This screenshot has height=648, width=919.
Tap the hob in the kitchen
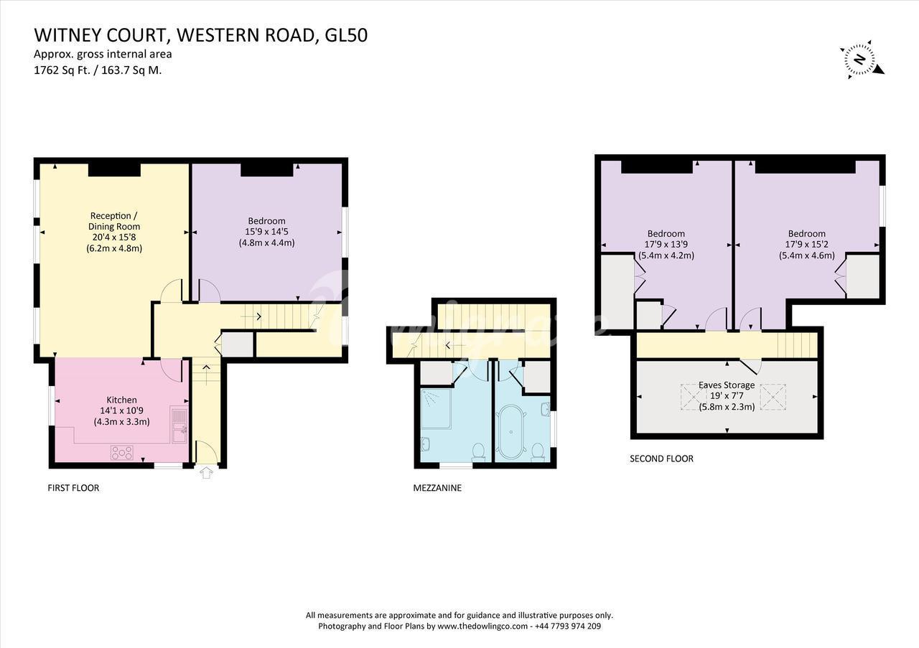[122, 453]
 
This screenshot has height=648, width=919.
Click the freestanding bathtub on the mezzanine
[511, 431]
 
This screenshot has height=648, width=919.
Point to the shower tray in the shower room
[436, 409]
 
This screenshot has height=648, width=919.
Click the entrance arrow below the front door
[206, 472]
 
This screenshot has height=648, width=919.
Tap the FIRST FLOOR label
[73, 488]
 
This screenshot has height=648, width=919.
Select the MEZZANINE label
[437, 488]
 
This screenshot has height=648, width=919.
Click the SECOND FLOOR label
[661, 459]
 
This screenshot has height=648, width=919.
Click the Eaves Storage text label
[727, 385]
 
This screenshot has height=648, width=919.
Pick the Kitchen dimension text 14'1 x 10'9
[122, 410]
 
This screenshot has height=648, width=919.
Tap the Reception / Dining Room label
[114, 221]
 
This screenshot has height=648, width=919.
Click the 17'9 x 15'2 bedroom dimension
[806, 245]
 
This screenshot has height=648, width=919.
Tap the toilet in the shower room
[478, 451]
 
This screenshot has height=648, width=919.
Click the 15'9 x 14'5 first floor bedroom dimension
[266, 232]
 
